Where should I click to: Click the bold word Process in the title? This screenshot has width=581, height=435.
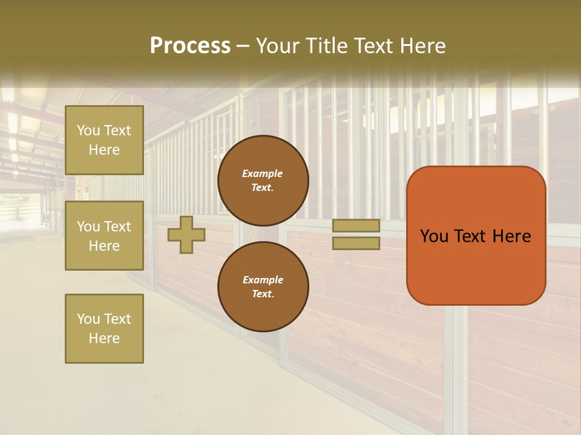[x=190, y=46]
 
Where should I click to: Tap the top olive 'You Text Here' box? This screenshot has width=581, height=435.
[x=104, y=140]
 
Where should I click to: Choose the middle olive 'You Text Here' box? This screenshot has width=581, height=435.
[x=104, y=236]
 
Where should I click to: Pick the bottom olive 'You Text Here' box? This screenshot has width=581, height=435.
[x=104, y=328]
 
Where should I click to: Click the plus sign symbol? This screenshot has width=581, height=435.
[x=186, y=234]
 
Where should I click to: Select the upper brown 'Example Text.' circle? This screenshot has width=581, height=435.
[x=263, y=180]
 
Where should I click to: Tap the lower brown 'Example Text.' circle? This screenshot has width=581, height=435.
[x=263, y=286]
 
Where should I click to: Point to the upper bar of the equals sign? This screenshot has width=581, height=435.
[x=356, y=225]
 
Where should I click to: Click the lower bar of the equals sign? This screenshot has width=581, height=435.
[x=356, y=243]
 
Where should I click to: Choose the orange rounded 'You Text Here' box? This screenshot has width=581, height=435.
[x=476, y=236]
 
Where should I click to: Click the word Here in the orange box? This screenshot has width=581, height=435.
[x=512, y=236]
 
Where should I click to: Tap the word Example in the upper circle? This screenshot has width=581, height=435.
[x=263, y=173]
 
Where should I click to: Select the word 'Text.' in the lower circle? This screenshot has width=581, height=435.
[x=263, y=294]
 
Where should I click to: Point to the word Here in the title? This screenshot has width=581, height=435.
[x=422, y=46]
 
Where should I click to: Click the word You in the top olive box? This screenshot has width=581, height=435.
[x=88, y=130]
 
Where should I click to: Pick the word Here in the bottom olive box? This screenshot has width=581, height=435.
[x=104, y=338]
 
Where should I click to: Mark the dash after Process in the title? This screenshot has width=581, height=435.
[x=243, y=46]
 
